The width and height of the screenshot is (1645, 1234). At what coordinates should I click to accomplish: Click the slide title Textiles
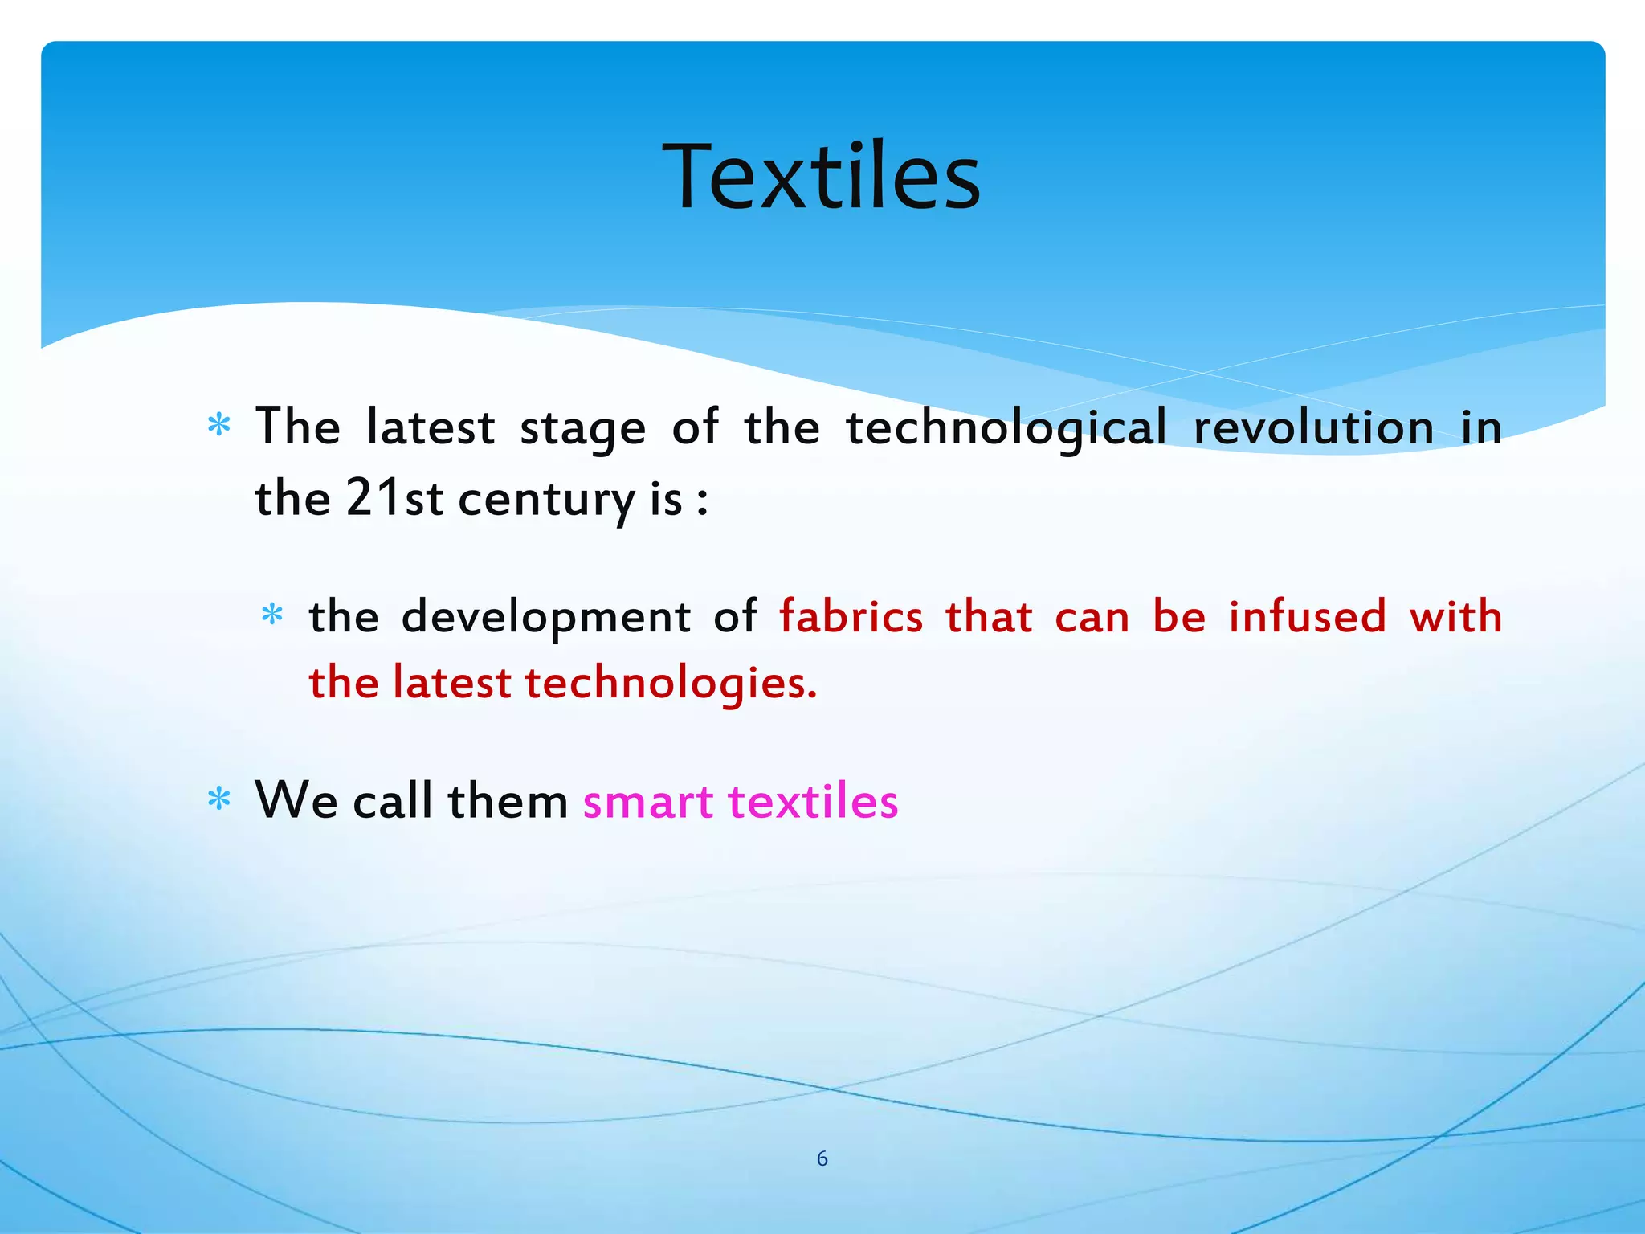coord(821,177)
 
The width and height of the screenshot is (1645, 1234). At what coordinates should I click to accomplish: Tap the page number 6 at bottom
coord(822,1158)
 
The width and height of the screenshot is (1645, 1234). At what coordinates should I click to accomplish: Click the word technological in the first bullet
coord(1006,427)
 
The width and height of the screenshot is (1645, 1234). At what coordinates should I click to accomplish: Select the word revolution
coord(1313,427)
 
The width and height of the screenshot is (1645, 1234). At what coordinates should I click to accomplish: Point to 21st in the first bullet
coord(394,498)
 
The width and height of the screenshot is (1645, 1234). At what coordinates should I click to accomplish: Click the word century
coord(547,500)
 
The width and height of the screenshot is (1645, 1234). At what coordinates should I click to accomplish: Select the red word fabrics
coord(851,617)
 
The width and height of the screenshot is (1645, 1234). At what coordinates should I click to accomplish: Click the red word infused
coord(1307,617)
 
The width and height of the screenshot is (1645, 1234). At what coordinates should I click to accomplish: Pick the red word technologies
coord(671,684)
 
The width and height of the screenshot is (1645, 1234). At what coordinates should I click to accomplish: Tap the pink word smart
coord(647,803)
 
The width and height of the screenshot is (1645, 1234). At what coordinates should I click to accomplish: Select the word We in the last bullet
coord(296,801)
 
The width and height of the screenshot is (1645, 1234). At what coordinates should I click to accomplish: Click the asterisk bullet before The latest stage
coord(218,425)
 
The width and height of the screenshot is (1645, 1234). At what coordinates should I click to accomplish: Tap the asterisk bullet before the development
coord(272,615)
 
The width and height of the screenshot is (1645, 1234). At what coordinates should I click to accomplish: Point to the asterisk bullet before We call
coord(218,799)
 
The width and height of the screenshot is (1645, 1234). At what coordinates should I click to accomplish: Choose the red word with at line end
coord(1455,617)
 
